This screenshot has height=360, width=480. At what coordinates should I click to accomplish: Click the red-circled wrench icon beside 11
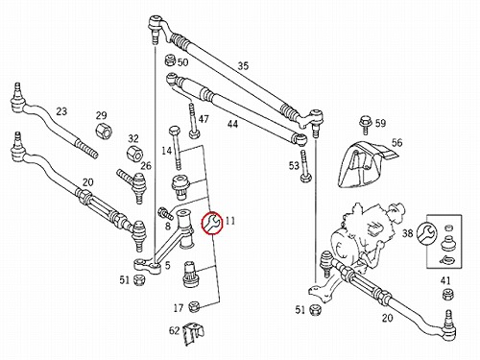pyautogui.click(x=212, y=223)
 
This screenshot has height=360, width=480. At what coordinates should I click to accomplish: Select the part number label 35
pyautogui.click(x=243, y=66)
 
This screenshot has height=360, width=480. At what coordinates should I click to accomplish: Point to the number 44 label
pyautogui.click(x=232, y=124)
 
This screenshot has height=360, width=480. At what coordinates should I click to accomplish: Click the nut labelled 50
pyautogui.click(x=170, y=60)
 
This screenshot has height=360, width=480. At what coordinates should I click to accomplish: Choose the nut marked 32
pyautogui.click(x=134, y=153)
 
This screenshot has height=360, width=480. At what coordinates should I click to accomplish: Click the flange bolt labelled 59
pyautogui.click(x=365, y=124)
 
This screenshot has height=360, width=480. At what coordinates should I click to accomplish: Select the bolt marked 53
pyautogui.click(x=304, y=166)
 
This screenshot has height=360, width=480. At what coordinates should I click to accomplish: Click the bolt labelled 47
pyautogui.click(x=193, y=120)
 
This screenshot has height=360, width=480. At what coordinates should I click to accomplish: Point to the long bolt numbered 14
pyautogui.click(x=176, y=148)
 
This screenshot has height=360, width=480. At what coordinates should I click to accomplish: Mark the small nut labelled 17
pyautogui.click(x=194, y=307)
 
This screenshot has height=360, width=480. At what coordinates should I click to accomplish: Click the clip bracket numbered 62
pyautogui.click(x=193, y=334)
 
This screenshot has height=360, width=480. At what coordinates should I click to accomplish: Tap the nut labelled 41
pyautogui.click(x=448, y=295)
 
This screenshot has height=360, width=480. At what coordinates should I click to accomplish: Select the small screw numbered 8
pyautogui.click(x=165, y=212)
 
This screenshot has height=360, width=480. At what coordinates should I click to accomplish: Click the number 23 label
pyautogui.click(x=61, y=111)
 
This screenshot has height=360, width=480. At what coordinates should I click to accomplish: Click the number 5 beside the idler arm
pyautogui.click(x=168, y=265)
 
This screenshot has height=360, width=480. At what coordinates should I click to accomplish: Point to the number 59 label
pyautogui.click(x=380, y=123)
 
